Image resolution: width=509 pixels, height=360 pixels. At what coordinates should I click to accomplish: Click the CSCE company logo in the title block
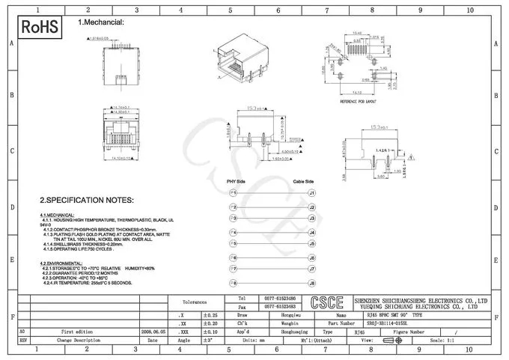coord(326,303)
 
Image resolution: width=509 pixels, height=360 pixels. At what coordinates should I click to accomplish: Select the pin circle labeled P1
coord(234,192)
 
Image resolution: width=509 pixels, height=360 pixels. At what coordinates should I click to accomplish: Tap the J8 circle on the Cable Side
coord(312,284)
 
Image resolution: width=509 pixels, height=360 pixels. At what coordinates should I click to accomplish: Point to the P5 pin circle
coord(234,244)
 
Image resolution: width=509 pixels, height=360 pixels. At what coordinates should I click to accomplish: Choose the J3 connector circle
coord(312,219)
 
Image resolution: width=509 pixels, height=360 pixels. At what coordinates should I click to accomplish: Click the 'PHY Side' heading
coord(236,182)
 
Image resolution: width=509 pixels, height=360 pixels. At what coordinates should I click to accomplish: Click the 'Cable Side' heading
coord(303,182)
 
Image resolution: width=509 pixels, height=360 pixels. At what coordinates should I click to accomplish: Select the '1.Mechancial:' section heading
coord(101,22)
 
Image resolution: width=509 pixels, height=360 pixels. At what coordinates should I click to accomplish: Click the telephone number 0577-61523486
coord(280,298)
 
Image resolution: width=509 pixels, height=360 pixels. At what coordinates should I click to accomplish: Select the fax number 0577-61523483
coord(280,307)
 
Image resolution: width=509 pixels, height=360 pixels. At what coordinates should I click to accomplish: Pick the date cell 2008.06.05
coord(153,330)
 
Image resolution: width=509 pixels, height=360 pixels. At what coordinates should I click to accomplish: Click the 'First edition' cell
coord(78,330)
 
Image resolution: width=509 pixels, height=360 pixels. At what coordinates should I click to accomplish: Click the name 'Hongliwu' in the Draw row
coord(280,315)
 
